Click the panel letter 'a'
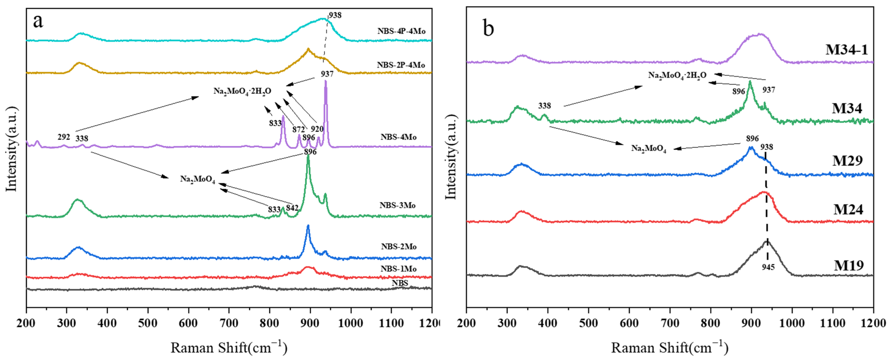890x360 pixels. [38, 21]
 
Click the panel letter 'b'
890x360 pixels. [488, 28]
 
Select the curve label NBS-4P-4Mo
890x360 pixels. [401, 31]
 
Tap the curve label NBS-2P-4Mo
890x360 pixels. [401, 65]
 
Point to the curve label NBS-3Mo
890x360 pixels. [397, 205]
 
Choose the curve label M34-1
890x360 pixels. [846, 50]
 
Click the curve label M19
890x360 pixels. [848, 265]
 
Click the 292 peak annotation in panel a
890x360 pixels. [64, 137]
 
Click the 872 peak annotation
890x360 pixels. [298, 130]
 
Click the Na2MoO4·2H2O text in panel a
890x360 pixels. [242, 91]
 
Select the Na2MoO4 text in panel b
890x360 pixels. [649, 149]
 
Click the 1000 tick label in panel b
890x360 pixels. [792, 323]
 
